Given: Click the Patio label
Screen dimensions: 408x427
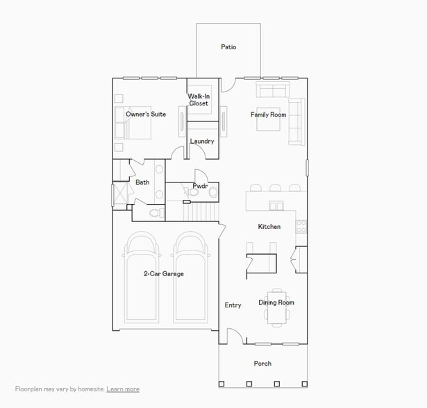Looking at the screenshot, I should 228,47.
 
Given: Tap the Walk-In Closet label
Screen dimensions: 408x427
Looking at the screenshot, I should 199,100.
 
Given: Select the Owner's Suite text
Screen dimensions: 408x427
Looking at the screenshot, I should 146,114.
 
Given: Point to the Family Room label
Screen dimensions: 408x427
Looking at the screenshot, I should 269,114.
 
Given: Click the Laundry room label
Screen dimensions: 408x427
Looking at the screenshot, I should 202,142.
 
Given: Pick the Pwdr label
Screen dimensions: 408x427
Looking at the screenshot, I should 201,186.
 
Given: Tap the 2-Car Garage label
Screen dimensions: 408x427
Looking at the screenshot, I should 164,274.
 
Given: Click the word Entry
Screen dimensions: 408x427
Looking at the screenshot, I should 233,305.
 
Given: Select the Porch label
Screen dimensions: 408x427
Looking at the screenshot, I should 262,364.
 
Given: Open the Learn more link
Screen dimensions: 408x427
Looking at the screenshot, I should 123,389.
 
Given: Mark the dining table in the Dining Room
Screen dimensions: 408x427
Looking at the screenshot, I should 277,307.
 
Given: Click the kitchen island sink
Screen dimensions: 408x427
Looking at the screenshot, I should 276,205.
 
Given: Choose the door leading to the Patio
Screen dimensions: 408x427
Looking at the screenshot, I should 228,85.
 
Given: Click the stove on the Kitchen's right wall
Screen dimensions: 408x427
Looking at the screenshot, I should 301,226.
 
